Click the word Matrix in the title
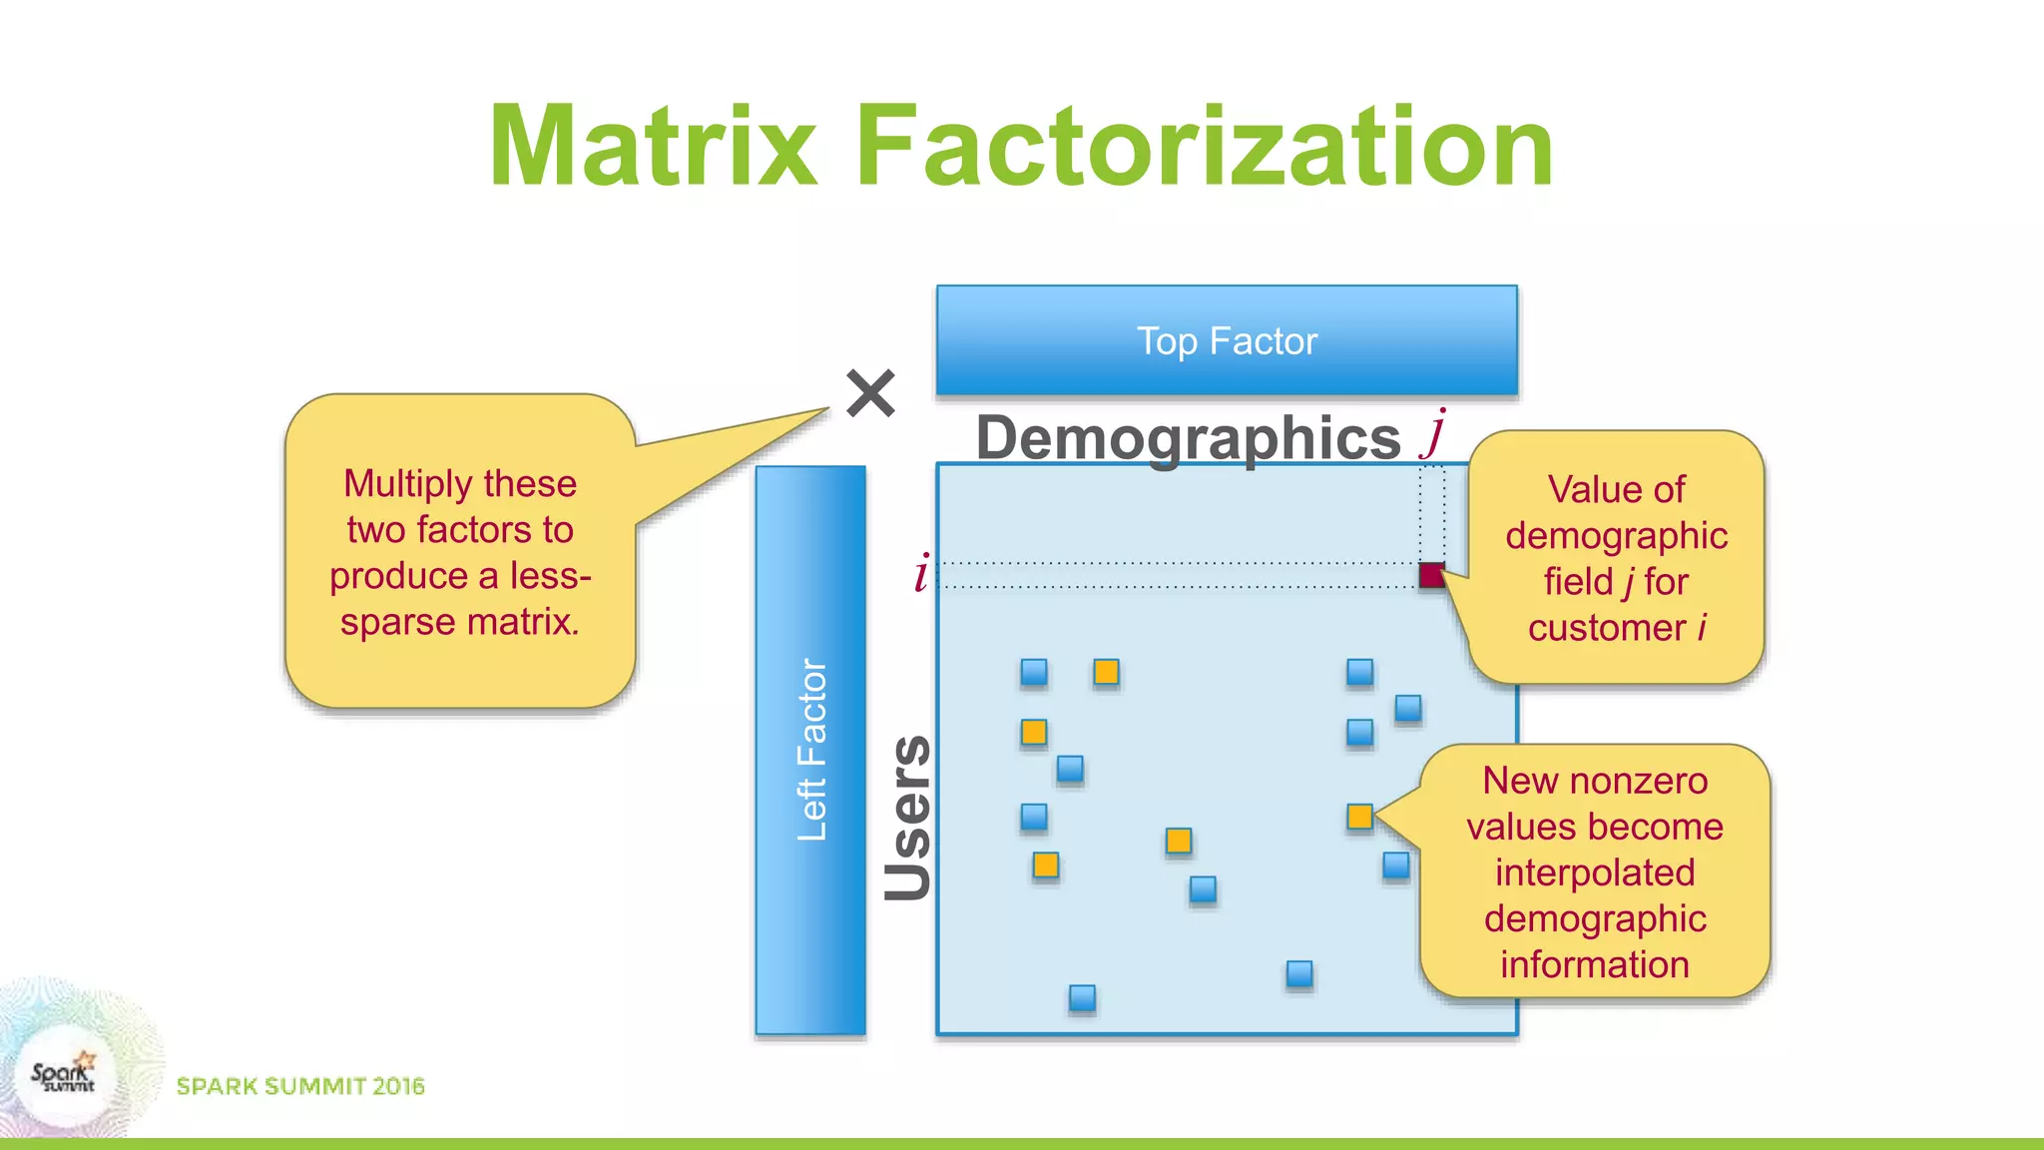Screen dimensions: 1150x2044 coord(654,147)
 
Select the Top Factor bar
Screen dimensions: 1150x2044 coord(1227,341)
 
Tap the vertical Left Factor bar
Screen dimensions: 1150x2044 coord(810,750)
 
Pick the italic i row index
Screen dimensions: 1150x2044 coord(921,573)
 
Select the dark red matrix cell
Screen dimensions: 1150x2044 coord(1431,575)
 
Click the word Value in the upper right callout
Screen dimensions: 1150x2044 coord(1586,490)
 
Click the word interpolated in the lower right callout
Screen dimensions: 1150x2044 coord(1595,872)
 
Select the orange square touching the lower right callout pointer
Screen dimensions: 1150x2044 coord(1359,817)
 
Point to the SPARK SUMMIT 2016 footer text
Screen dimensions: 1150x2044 coord(300,1086)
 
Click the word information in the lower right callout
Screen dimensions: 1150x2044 coord(1595,964)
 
